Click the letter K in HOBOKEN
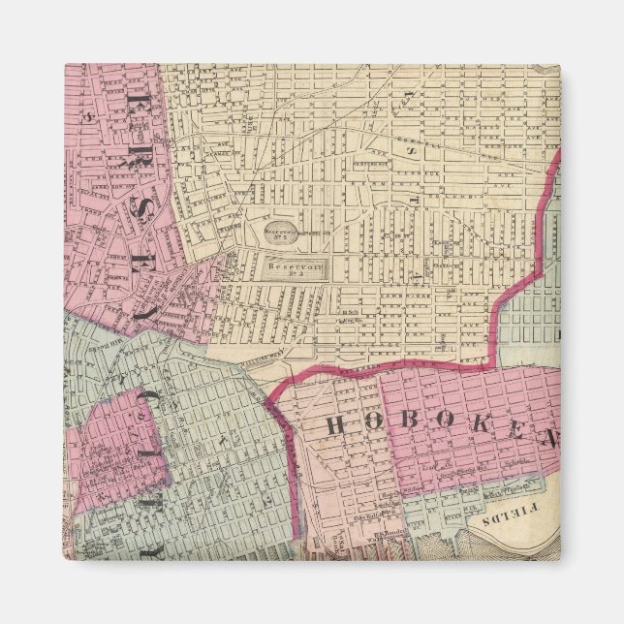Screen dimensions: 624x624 click(x=473, y=432)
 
